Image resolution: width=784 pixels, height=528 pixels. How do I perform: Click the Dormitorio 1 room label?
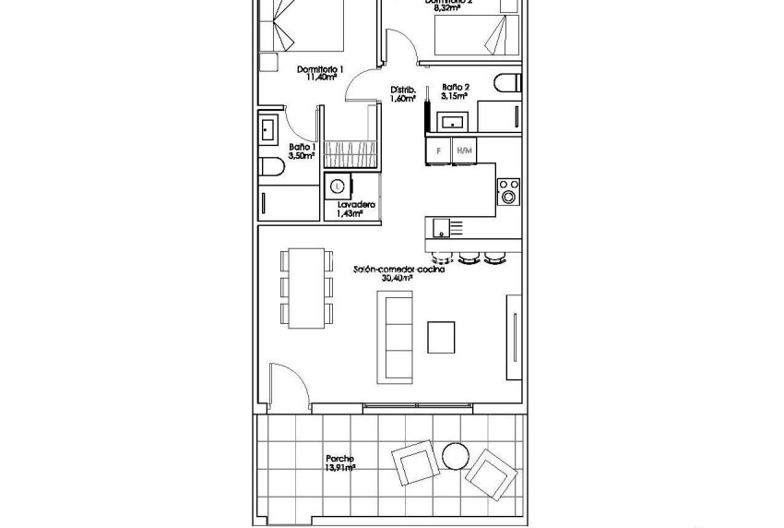click(320, 69)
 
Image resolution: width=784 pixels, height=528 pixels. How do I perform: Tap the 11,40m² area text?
click(319, 78)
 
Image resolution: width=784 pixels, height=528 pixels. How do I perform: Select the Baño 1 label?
click(303, 147)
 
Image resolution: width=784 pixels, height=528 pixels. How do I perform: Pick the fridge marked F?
click(438, 150)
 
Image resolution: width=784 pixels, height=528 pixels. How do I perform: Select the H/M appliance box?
click(464, 150)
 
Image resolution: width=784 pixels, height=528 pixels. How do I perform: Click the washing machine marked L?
click(338, 186)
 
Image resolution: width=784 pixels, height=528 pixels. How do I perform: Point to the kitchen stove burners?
click(506, 191)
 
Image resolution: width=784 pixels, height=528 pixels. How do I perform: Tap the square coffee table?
click(442, 335)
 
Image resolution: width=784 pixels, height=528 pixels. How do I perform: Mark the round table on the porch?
click(455, 456)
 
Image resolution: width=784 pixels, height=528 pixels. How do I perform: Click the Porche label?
click(339, 459)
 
